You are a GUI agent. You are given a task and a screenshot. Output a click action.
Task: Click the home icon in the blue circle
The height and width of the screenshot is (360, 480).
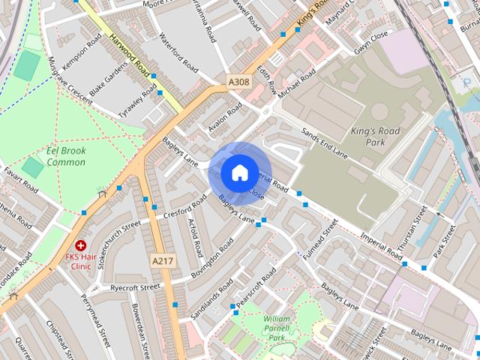(239, 172)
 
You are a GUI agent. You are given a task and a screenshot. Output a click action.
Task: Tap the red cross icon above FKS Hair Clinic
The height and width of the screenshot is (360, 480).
(80, 245)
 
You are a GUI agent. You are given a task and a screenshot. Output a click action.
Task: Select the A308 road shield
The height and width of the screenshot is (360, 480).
(239, 80)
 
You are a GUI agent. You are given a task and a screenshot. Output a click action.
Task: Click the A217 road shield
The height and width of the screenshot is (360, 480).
(162, 261)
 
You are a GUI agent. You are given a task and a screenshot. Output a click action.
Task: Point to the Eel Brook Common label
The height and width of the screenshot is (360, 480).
(65, 156)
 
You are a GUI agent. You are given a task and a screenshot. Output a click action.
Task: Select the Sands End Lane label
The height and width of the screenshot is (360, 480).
(325, 142)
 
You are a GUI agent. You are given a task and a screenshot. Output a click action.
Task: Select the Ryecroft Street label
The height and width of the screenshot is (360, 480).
(136, 287)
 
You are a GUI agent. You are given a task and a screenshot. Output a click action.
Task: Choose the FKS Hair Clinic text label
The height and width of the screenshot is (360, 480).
(80, 261)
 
